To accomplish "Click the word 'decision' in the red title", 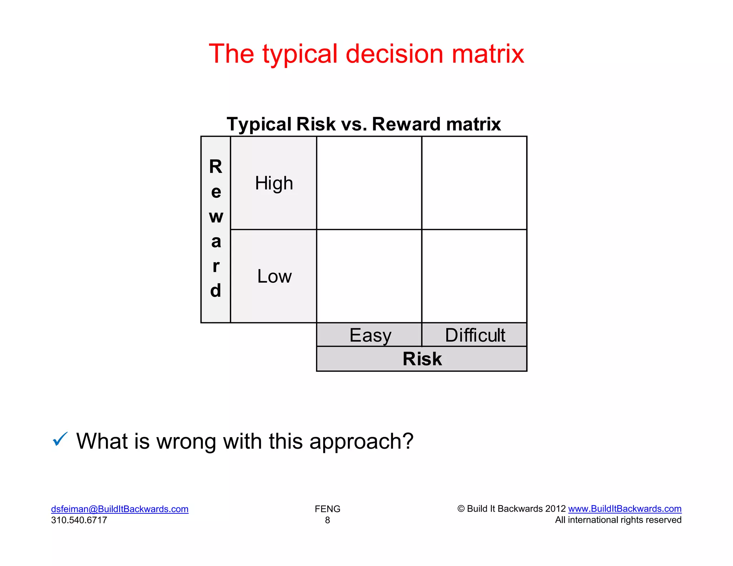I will tap(394, 54).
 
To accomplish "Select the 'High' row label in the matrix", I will tap(274, 183).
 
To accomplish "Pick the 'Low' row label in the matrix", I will tap(274, 276).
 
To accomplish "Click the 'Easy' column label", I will tap(370, 335).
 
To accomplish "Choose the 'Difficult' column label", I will tap(475, 335).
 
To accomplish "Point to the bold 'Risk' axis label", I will tap(422, 359).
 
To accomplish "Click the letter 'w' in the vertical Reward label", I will tap(216, 216).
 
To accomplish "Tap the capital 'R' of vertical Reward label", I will tap(216, 167).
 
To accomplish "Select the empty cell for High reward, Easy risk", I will tap(369, 183).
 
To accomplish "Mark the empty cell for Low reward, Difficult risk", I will tap(474, 276).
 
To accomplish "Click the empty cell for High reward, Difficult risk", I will tap(474, 183).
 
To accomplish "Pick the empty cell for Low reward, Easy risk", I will tap(369, 276).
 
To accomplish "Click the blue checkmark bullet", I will tap(60, 439).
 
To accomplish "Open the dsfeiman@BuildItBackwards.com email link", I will tap(120, 509).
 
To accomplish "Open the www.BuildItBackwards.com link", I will tap(625, 509).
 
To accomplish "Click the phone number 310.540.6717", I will tap(79, 520).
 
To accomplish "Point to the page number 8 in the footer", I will tap(327, 520).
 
